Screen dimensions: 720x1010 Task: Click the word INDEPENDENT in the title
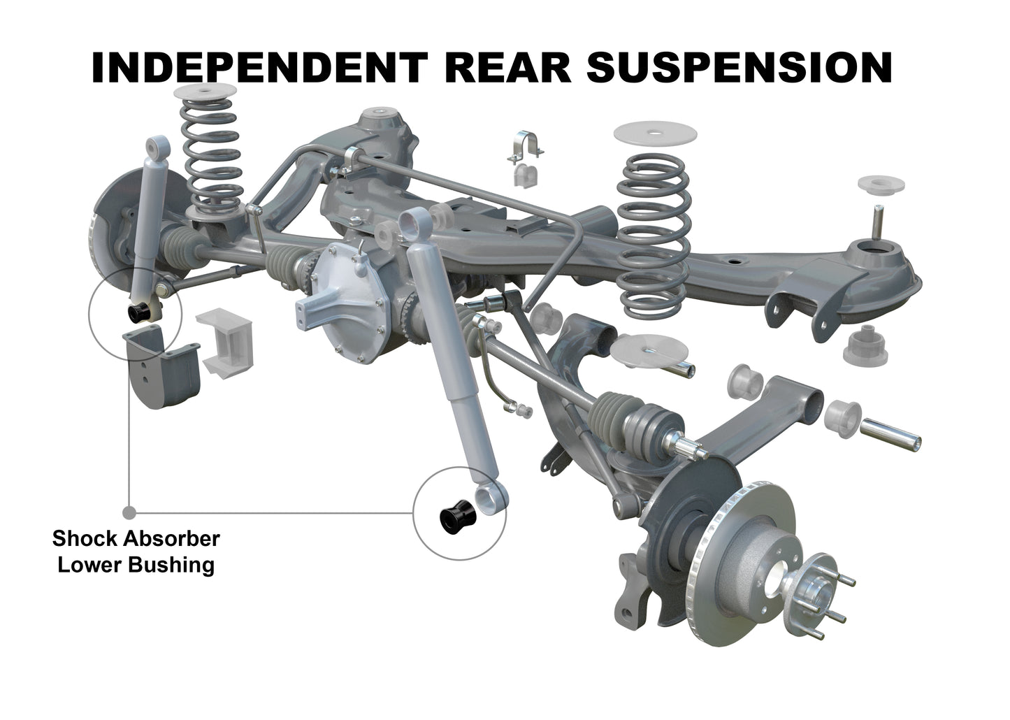259,68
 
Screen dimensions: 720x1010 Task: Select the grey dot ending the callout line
129,513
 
